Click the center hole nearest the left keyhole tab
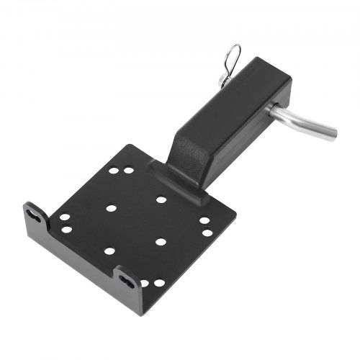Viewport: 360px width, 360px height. tap(111, 209)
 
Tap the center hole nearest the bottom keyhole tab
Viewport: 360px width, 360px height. tap(109, 251)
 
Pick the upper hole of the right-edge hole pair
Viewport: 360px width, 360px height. tap(204, 221)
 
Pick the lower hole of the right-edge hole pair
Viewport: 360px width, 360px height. tap(207, 233)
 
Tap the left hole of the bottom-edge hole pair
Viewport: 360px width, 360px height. tap(143, 282)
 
